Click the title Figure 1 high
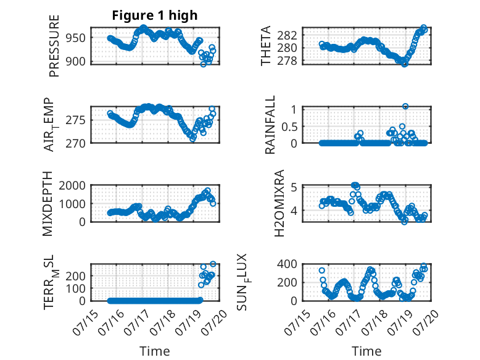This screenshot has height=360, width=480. click(x=155, y=15)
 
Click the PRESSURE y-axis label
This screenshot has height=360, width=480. click(x=54, y=46)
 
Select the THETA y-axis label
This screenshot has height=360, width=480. click(x=266, y=46)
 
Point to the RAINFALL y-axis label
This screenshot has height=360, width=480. click(x=270, y=125)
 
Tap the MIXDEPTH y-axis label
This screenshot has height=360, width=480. click(x=48, y=204)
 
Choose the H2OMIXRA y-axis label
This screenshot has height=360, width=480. click(x=279, y=203)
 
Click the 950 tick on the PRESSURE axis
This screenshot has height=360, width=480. click(x=76, y=38)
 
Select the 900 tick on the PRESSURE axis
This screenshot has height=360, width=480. click(x=76, y=61)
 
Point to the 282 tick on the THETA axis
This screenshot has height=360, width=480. click(x=288, y=36)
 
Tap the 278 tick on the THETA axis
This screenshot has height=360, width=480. click(x=288, y=61)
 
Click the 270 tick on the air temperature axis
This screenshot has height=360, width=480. click(x=76, y=143)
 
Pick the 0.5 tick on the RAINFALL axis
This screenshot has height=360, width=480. click(x=289, y=127)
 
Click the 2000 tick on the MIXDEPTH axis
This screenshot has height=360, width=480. click(x=72, y=185)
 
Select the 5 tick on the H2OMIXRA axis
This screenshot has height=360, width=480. click(x=294, y=186)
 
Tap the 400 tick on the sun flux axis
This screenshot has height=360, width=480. click(x=288, y=264)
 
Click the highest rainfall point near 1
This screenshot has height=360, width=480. click(x=405, y=106)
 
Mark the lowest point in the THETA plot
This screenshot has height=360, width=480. click(x=404, y=64)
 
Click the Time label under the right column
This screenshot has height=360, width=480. click(x=366, y=351)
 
